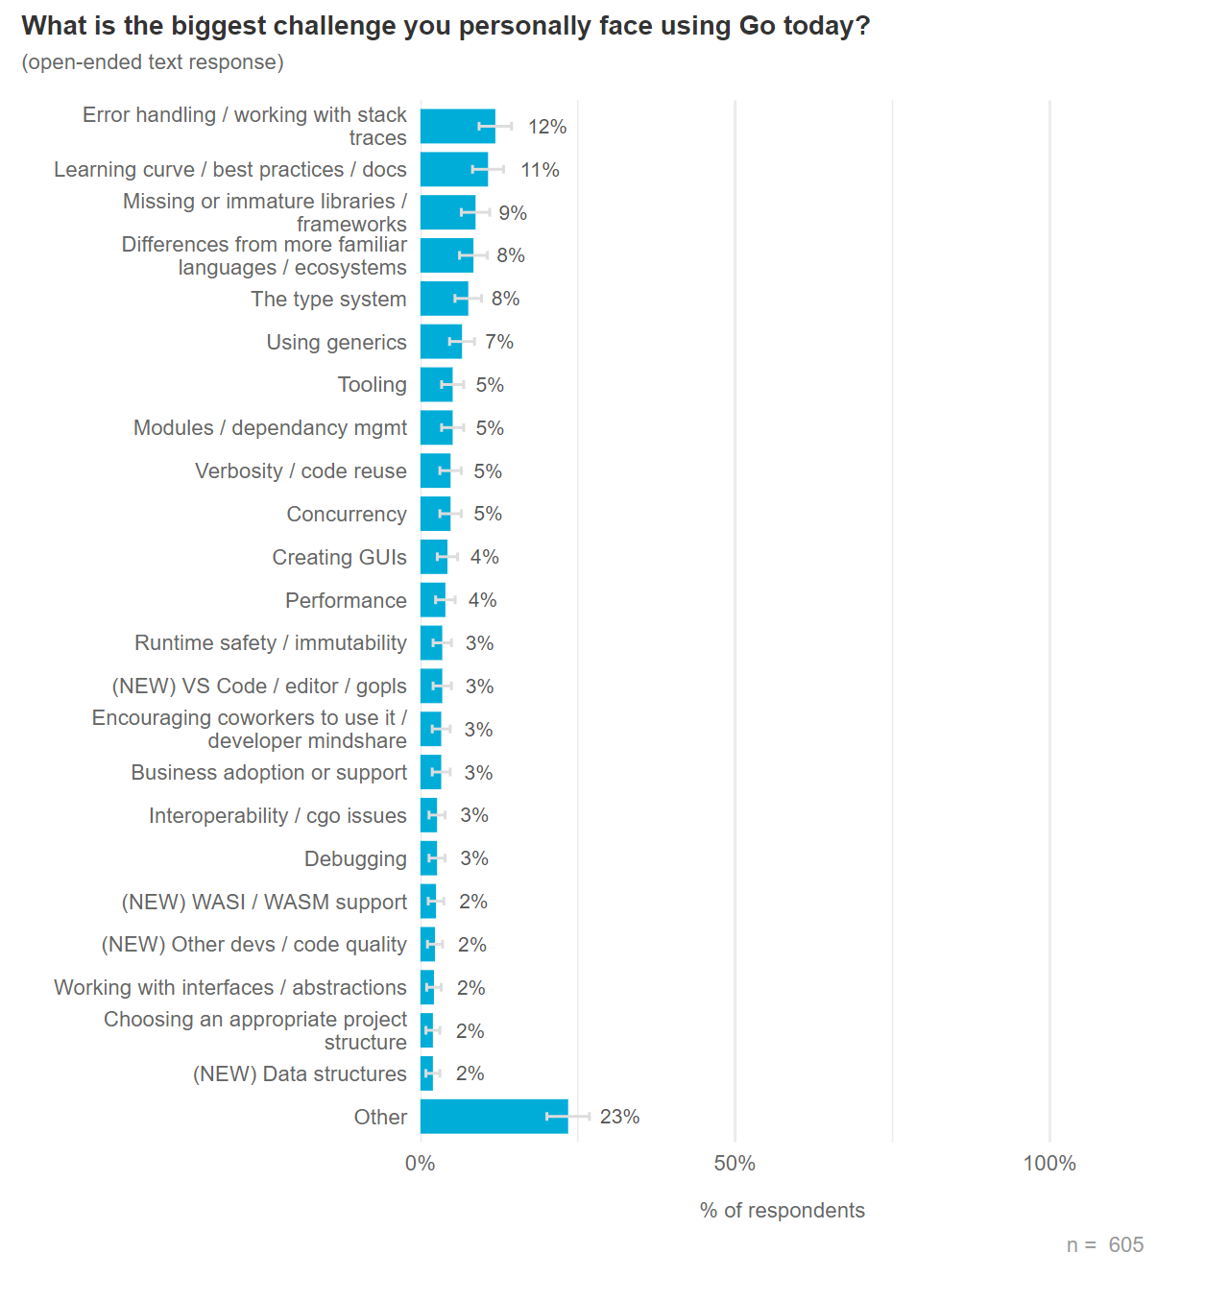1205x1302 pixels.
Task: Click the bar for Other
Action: click(x=494, y=1117)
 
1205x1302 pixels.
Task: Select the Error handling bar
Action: click(x=457, y=126)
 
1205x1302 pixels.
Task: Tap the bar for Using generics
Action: click(x=441, y=342)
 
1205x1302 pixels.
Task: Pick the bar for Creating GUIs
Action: click(x=434, y=557)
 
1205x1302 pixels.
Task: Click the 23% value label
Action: click(x=619, y=1117)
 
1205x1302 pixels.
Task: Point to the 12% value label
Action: click(x=547, y=127)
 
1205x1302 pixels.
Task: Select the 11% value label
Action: click(x=540, y=170)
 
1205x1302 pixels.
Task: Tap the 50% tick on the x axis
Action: click(x=735, y=1164)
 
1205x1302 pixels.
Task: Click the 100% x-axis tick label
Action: click(x=1049, y=1164)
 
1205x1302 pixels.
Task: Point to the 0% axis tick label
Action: click(x=420, y=1164)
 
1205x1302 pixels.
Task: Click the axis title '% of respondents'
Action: click(x=782, y=1210)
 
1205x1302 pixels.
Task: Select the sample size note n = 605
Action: click(x=1104, y=1245)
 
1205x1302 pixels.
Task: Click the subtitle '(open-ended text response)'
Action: click(x=153, y=62)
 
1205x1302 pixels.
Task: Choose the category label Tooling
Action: click(x=372, y=385)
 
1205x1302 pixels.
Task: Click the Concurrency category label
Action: click(x=347, y=514)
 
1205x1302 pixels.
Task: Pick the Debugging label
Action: click(x=355, y=858)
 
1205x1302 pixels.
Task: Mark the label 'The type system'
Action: click(x=328, y=299)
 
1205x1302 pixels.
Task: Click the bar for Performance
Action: click(x=433, y=600)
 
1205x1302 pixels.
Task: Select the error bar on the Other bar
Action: click(x=567, y=1117)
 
